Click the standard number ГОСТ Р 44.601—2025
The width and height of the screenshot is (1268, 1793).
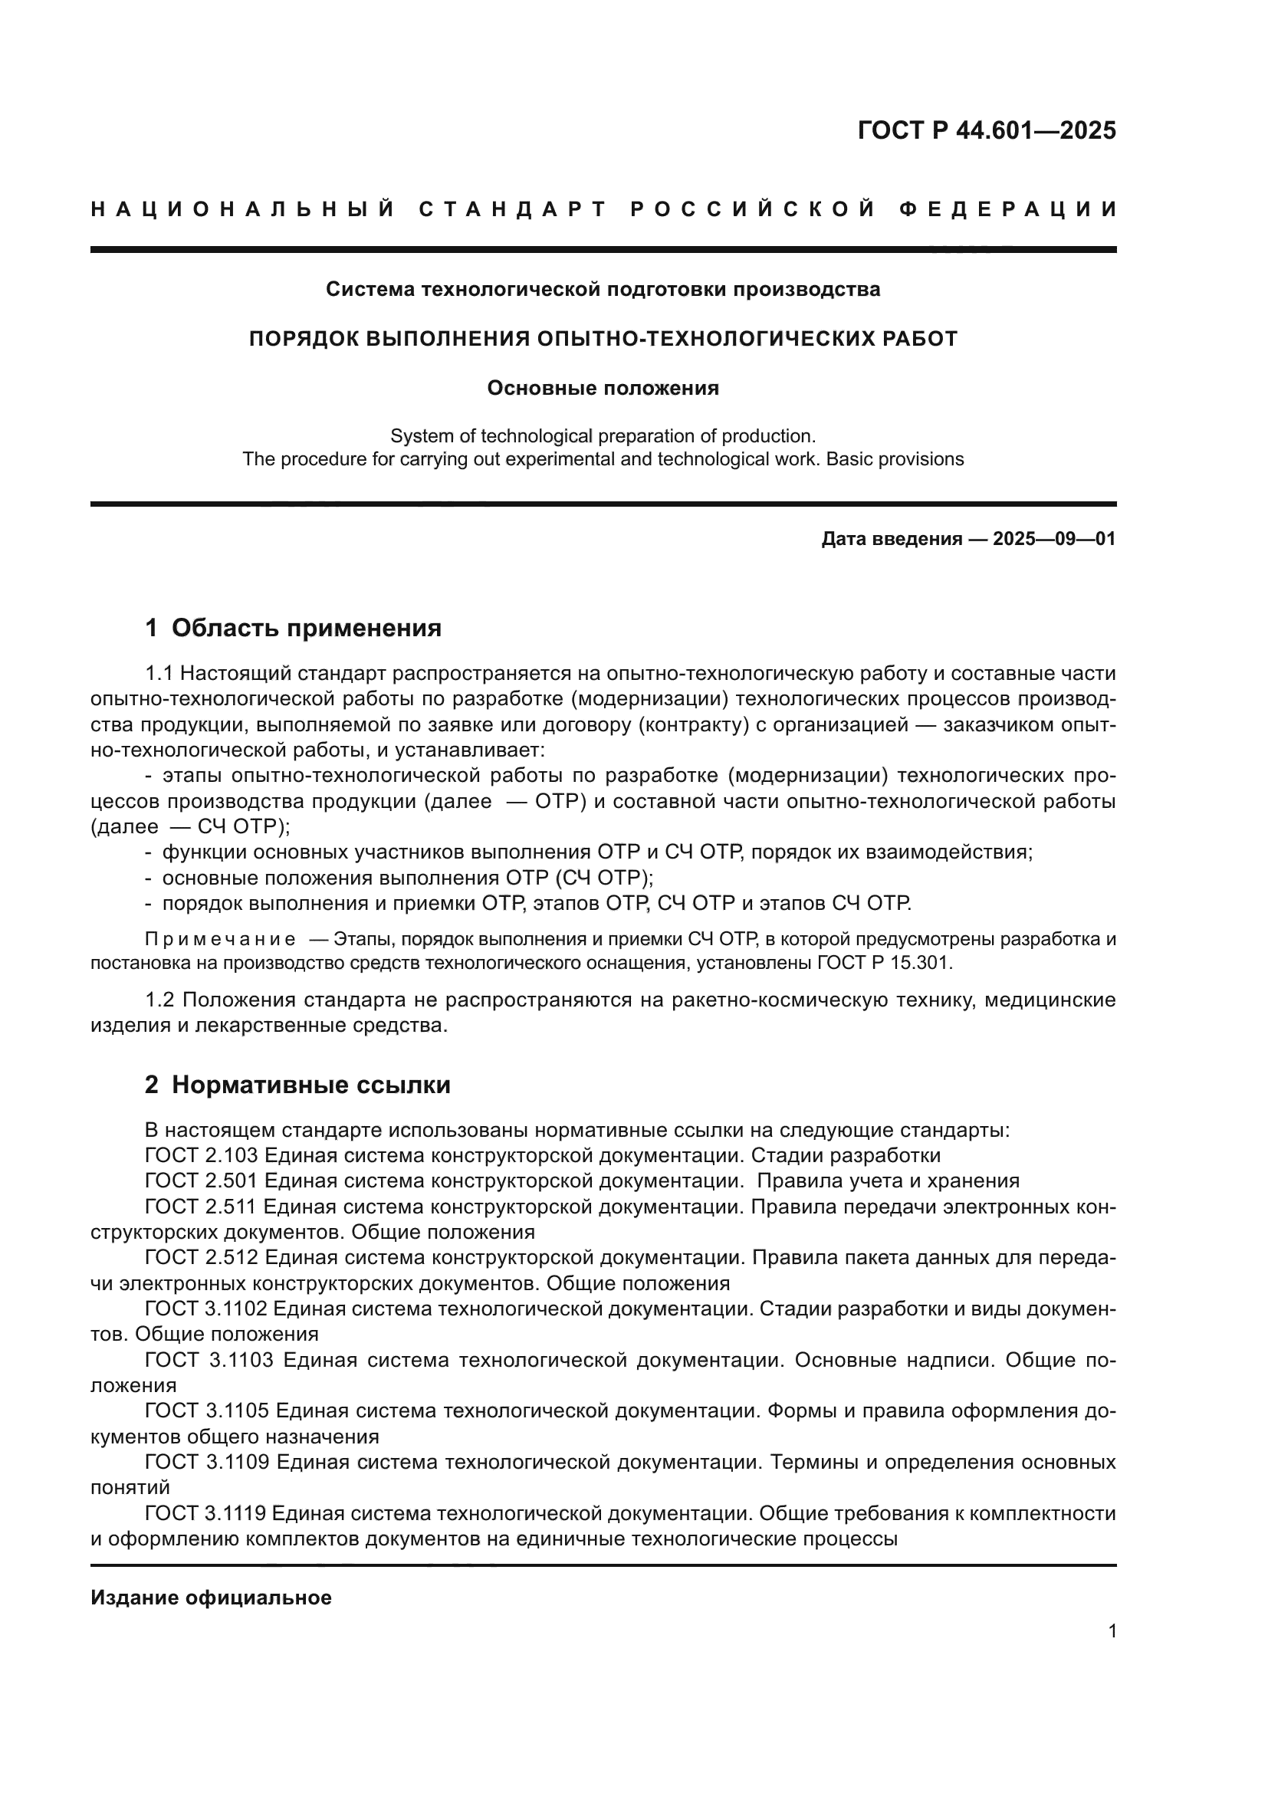tap(986, 130)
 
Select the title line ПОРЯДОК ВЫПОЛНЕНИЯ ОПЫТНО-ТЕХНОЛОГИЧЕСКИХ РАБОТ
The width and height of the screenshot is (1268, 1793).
tap(603, 339)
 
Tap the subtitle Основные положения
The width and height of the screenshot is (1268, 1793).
tap(603, 388)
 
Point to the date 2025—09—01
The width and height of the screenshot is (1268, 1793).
tap(1054, 539)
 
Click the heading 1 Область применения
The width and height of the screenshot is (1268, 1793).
tap(294, 628)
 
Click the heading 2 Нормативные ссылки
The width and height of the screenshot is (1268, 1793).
tap(297, 1085)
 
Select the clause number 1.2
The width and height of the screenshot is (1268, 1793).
tap(161, 1000)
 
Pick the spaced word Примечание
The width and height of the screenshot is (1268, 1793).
tap(220, 940)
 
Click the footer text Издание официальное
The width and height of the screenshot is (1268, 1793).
tap(211, 1598)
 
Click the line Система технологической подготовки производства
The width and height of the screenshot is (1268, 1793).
tap(603, 290)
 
